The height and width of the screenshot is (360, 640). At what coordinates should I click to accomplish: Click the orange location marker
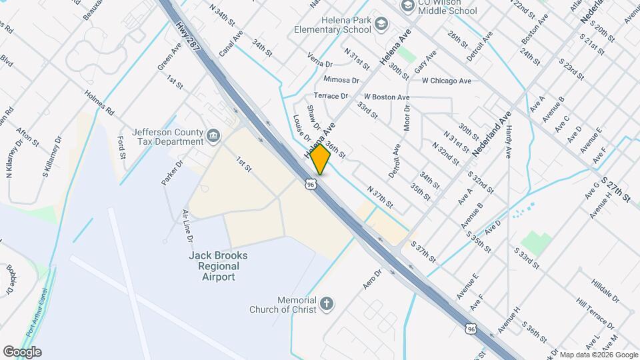(x=321, y=159)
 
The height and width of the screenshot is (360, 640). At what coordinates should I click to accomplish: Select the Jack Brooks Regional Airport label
(x=218, y=266)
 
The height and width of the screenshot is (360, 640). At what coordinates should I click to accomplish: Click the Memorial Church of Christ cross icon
(x=326, y=304)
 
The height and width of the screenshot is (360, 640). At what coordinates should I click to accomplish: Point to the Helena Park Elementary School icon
(x=381, y=25)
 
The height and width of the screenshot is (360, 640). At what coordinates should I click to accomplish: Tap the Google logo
(x=22, y=352)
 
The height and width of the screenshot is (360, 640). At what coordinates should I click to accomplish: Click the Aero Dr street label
(x=373, y=278)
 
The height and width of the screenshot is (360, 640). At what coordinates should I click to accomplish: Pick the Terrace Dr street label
(x=331, y=96)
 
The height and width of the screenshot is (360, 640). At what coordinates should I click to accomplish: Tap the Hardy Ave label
(x=508, y=142)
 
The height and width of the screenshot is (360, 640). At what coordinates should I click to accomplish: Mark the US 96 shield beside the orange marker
(x=311, y=184)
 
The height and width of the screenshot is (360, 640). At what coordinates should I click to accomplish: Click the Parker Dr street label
(x=171, y=173)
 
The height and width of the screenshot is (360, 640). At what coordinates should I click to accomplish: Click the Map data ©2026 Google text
(x=597, y=355)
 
